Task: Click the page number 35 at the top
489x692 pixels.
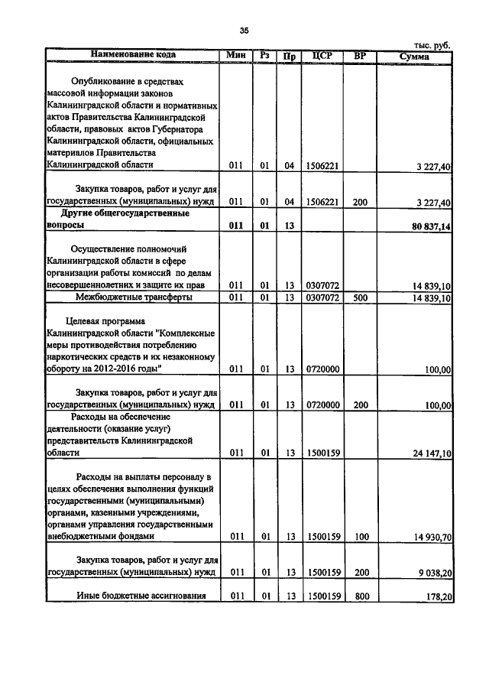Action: tap(244, 30)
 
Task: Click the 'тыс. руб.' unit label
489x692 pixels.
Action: tap(432, 45)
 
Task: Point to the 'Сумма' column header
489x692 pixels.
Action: tap(414, 56)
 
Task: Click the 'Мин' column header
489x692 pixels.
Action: tap(235, 55)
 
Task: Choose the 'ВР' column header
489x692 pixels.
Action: tap(361, 55)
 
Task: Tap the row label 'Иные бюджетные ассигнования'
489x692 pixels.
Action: tap(131, 596)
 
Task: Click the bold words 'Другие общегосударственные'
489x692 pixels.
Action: tap(132, 213)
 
